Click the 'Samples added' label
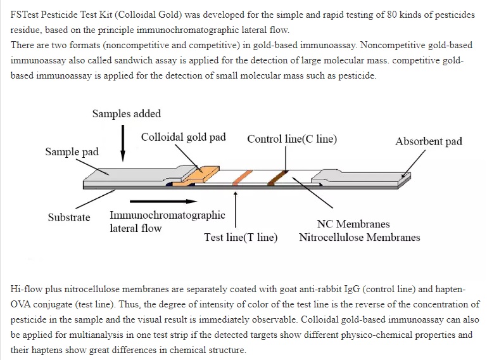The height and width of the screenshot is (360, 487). click(127, 114)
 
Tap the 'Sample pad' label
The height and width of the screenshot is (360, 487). click(72, 151)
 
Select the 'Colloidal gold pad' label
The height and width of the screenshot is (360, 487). click(183, 137)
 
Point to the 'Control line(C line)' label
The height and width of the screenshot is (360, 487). click(292, 139)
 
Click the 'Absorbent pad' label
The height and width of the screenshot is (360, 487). click(429, 141)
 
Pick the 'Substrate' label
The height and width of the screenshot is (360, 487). click(69, 217)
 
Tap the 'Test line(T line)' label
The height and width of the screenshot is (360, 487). click(241, 237)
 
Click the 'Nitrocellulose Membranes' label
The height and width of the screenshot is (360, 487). click(359, 237)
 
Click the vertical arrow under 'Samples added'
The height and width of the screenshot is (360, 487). click(123, 143)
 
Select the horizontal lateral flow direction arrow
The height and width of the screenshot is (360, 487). click(163, 202)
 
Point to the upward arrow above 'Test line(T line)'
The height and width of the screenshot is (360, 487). click(236, 210)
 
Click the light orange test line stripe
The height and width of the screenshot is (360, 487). click(243, 177)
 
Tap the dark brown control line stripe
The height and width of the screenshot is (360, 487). click(277, 177)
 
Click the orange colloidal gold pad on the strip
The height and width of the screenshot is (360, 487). click(200, 175)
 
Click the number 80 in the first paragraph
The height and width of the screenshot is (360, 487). click(391, 15)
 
